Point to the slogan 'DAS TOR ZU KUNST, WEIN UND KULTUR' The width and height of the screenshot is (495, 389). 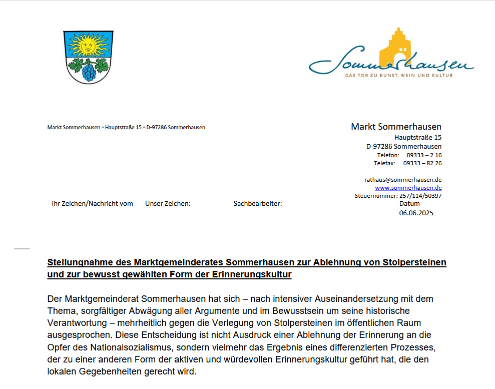pos(399,76)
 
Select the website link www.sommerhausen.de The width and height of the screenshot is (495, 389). pos(408,188)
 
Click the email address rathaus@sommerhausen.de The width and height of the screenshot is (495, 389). pos(403,179)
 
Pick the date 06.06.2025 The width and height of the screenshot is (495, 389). pos(416,213)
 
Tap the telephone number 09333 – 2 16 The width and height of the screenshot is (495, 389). pos(424,155)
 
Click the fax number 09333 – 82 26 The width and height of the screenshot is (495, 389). pos(422,163)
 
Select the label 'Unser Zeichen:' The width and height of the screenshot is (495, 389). pos(168,204)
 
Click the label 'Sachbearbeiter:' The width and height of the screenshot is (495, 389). pos(258,204)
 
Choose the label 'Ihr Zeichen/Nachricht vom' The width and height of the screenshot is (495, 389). pos(93,204)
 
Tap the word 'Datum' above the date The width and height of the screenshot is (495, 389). pos(409,204)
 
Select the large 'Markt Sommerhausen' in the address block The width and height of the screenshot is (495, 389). pos(396,127)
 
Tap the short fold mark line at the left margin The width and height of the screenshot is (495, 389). pos(22,249)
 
